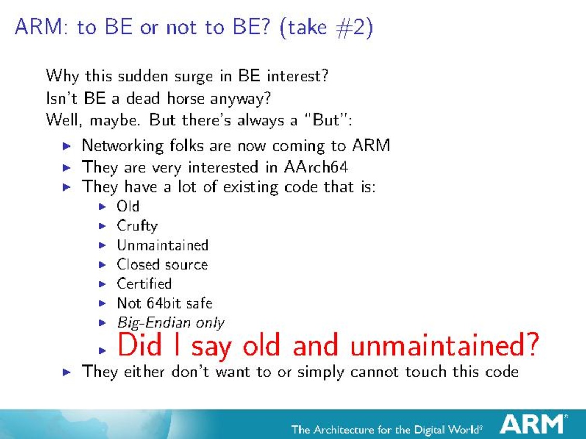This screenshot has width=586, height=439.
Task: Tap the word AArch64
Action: (x=316, y=167)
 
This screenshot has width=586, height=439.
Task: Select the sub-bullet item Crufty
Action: (x=137, y=226)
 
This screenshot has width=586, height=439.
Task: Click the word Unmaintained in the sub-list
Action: (x=162, y=245)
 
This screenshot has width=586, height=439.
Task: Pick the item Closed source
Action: (x=162, y=265)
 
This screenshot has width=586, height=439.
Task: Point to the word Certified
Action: (x=144, y=284)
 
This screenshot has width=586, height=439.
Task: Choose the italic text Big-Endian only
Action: (x=170, y=323)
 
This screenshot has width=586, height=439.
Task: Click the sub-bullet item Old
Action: (x=128, y=206)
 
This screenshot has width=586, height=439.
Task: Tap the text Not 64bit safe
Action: (x=164, y=303)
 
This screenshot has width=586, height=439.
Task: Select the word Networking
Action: (x=123, y=145)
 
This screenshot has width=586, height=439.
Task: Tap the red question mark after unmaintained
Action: (x=531, y=344)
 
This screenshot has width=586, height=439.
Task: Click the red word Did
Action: (x=139, y=344)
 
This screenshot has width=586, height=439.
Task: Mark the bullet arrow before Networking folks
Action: (x=67, y=146)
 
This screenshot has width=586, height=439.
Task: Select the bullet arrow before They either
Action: (x=67, y=372)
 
